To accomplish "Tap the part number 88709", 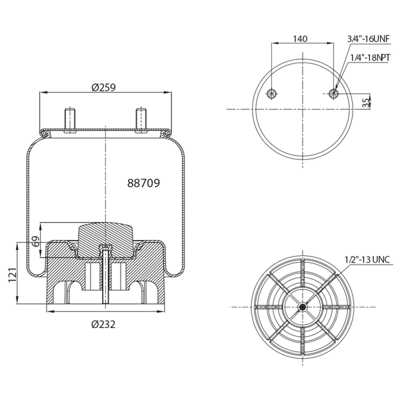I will click(x=143, y=181).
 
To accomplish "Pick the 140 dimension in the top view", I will click(x=301, y=38).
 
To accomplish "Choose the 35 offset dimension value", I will click(x=365, y=102).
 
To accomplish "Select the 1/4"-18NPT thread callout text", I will click(x=370, y=59).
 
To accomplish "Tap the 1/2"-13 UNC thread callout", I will click(x=367, y=259).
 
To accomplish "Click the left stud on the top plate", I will click(x=69, y=119).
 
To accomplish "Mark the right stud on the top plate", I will click(x=141, y=119).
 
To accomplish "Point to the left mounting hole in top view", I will click(x=271, y=93).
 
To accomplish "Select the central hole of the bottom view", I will click(x=303, y=307).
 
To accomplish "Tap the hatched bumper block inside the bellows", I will click(x=105, y=235).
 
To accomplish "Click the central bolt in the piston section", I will click(x=105, y=277).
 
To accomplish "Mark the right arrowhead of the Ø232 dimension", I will click(x=164, y=315).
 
